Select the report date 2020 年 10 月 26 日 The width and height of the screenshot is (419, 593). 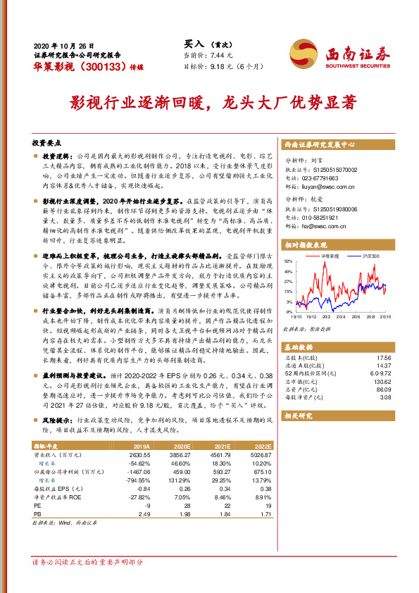(x=63, y=44)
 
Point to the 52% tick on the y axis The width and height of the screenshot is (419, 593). (x=288, y=261)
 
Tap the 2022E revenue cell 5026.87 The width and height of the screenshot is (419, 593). (x=261, y=455)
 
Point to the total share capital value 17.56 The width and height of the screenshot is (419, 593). (x=384, y=358)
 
